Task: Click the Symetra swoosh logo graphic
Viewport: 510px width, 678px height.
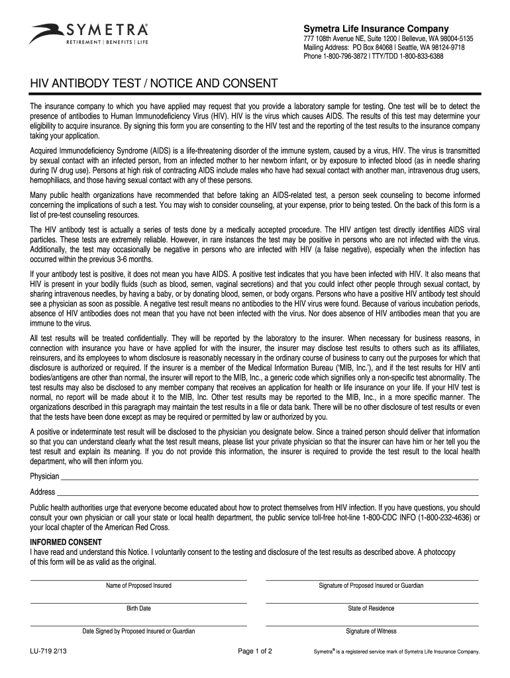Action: [46, 32]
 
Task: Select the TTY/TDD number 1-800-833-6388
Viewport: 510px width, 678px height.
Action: [415, 57]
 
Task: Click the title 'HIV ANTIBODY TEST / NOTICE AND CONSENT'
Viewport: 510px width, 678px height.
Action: [148, 84]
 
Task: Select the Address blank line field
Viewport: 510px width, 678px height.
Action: [268, 493]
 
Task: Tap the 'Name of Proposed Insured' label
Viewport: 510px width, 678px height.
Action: [138, 586]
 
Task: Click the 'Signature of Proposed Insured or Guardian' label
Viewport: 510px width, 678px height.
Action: [371, 586]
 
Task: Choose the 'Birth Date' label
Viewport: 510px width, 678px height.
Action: [138, 608]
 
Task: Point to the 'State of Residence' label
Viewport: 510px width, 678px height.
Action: [371, 608]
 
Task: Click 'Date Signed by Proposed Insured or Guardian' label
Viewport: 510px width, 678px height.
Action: [138, 632]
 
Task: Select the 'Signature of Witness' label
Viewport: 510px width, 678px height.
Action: [371, 632]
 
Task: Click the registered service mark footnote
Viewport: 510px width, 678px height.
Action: [396, 652]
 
